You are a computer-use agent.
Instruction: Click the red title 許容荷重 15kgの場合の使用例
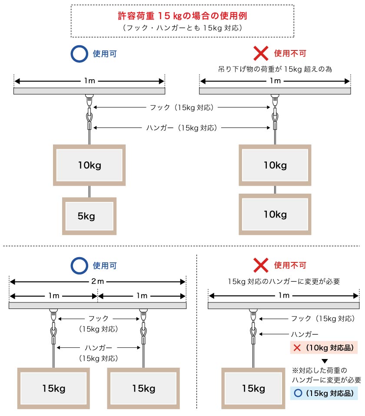pos(182,16)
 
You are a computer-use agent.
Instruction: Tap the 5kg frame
pos(89,216)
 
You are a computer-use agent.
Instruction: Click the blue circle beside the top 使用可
pos(79,54)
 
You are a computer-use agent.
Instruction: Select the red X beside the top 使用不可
pos(260,54)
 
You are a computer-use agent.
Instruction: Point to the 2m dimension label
pos(97,281)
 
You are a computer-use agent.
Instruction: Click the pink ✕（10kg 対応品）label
pos(324,348)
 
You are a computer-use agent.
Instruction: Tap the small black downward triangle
pos(324,360)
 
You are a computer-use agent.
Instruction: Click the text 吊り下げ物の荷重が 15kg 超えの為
pos(275,69)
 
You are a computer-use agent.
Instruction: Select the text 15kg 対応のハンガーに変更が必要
pos(283,282)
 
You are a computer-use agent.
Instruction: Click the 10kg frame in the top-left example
pos(90,165)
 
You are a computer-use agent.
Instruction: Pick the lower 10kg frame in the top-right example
pos(275,215)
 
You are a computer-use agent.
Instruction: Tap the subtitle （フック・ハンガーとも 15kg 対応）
pos(182,28)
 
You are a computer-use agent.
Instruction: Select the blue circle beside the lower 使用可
pos(79,265)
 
